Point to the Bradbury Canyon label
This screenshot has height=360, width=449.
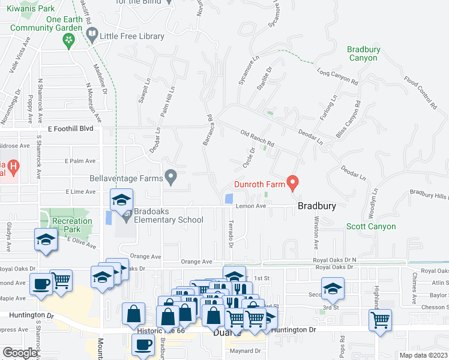363,54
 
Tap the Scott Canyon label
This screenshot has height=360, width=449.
371,226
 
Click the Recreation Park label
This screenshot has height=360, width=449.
72,225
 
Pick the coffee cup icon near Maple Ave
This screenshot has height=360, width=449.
41,284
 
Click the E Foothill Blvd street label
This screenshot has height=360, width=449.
71,128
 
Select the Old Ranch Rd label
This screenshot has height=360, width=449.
257,139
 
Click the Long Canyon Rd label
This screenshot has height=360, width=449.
337,77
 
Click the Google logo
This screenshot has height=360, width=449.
20,352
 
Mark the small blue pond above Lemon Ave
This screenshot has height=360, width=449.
228,199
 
